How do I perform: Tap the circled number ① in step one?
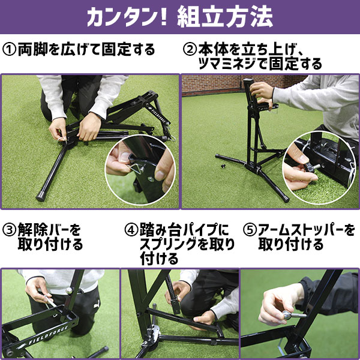11,49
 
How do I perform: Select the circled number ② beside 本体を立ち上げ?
190,49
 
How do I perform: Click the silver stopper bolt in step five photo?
292,313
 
